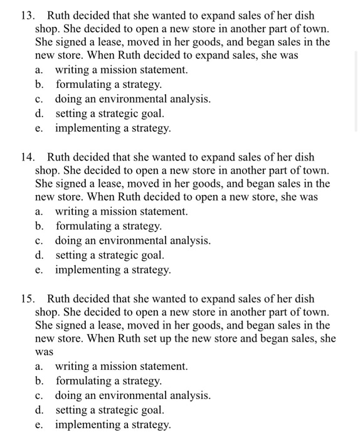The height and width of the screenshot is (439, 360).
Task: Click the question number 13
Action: point(26,15)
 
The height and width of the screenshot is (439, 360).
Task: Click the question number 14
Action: point(26,157)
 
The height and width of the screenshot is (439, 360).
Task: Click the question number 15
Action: point(26,299)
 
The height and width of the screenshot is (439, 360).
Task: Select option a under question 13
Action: point(121,70)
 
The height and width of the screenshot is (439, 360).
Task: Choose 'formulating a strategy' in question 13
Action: point(109,85)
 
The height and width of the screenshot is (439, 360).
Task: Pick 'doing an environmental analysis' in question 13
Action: point(133,99)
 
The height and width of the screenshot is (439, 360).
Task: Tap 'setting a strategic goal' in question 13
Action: point(110,114)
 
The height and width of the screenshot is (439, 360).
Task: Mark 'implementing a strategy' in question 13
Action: point(113,128)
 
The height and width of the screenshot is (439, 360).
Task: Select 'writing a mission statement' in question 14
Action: point(121,212)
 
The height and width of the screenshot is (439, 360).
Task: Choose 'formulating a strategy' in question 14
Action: point(109,226)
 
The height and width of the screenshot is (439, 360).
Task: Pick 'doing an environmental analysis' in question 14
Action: point(133,241)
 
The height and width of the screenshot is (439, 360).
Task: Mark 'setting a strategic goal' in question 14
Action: point(110,255)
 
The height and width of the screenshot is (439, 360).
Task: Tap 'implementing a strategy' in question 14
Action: point(113,270)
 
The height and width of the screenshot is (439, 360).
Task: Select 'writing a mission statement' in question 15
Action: point(121,366)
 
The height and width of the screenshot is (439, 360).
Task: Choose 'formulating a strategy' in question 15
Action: point(109,381)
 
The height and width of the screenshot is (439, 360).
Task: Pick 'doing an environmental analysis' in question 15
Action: point(133,396)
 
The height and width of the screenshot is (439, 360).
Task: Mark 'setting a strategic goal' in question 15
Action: point(110,410)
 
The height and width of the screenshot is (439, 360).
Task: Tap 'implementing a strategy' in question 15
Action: point(113,425)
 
